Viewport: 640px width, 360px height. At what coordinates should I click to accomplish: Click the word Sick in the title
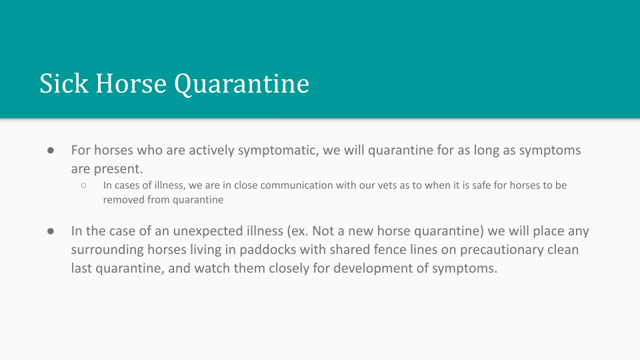64,83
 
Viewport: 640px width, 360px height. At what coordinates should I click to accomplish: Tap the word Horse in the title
131,83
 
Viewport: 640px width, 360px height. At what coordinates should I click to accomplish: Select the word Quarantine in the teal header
241,84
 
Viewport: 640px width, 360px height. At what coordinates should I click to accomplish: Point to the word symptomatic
278,151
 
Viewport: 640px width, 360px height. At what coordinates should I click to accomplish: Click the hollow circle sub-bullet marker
84,186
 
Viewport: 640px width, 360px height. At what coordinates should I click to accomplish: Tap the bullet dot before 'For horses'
51,151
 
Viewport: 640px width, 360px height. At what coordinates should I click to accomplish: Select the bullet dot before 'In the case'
51,231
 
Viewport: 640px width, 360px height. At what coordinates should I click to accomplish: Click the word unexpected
208,231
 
